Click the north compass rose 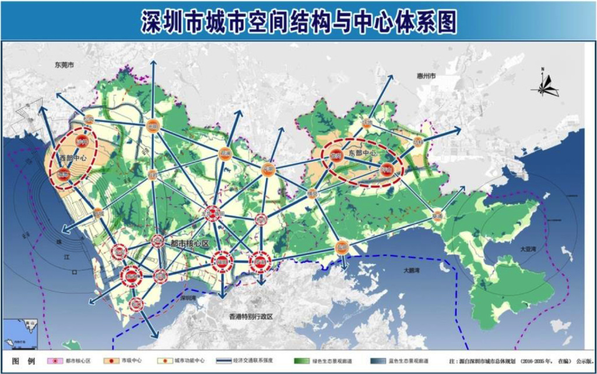point(545,85)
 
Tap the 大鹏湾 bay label point(416,271)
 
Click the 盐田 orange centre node point(342,247)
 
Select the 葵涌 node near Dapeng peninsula point(438,216)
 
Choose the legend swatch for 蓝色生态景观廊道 point(384,362)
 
